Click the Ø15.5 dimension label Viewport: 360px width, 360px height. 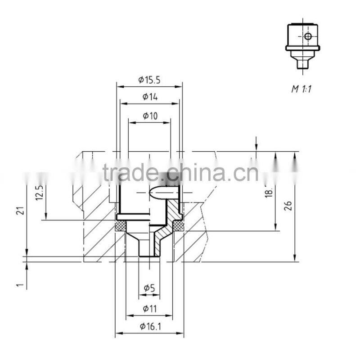[x=149, y=80]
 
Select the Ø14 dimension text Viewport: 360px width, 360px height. [x=149, y=97]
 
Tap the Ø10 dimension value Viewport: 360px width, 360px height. [x=150, y=116]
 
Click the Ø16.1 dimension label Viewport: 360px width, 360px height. [x=150, y=327]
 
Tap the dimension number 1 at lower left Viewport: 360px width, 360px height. [x=19, y=284]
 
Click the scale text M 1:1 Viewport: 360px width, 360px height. [x=301, y=89]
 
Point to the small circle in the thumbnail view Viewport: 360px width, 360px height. [x=307, y=36]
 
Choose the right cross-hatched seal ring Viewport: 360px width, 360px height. [x=178, y=225]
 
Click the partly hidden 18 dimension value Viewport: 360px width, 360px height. [x=269, y=192]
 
